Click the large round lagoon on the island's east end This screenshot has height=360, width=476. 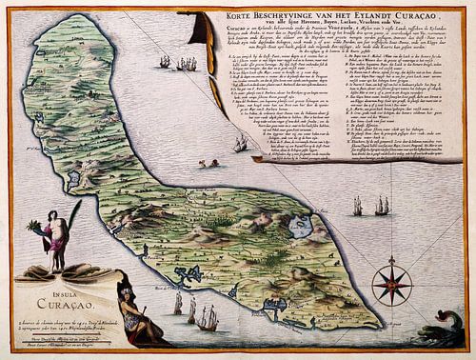[x=301, y=227]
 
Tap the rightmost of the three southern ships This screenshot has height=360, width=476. [x=207, y=318]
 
